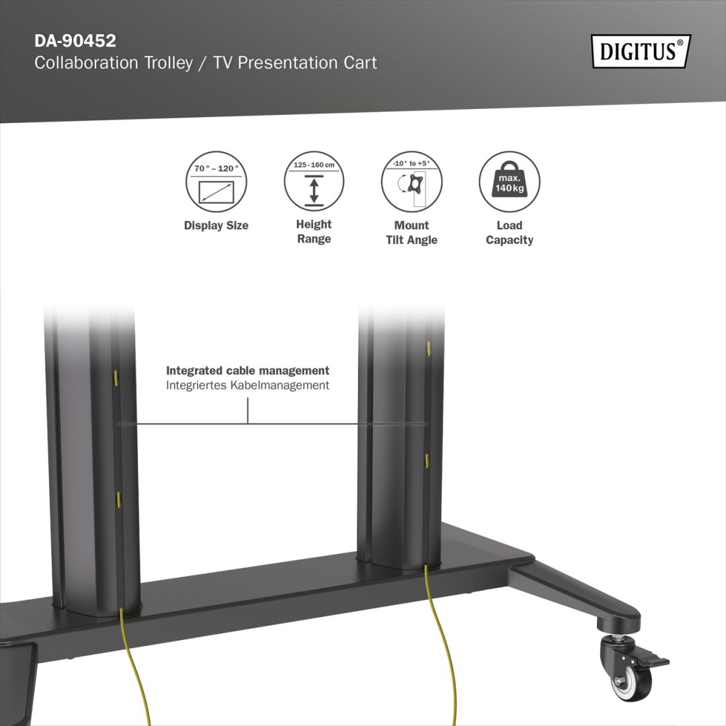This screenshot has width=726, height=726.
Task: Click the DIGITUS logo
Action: click(x=641, y=51)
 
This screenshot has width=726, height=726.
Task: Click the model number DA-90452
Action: click(x=75, y=41)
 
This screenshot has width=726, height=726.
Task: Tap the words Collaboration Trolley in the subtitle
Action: click(x=116, y=63)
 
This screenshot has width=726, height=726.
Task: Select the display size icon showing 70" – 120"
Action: click(x=216, y=182)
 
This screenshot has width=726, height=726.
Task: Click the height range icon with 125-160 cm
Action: click(x=314, y=182)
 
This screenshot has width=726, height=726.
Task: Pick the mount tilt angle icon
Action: click(x=411, y=182)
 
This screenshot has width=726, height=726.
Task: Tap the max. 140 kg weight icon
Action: click(x=510, y=182)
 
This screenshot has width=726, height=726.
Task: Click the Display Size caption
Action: click(x=216, y=226)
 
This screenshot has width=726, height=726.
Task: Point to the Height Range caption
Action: click(x=314, y=232)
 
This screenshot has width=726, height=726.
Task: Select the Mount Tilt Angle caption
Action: click(x=411, y=233)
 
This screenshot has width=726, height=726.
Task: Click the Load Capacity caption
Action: click(x=510, y=233)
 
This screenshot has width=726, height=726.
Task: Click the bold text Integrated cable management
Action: click(x=247, y=370)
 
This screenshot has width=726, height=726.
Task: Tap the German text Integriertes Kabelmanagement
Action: click(x=247, y=385)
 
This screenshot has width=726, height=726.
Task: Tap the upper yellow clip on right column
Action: click(x=428, y=348)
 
